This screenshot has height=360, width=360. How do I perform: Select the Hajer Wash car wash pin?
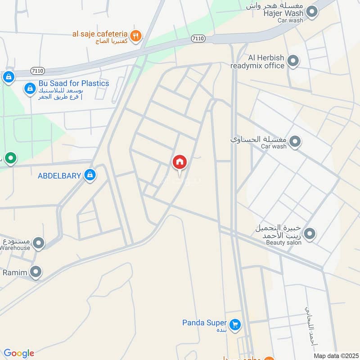pyautogui.click(x=311, y=12)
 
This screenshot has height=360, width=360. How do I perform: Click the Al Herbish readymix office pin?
pyautogui.click(x=293, y=60)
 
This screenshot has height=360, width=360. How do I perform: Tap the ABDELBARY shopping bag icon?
pyautogui.click(x=90, y=175)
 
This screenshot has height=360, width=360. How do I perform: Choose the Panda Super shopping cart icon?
pyautogui.click(x=234, y=324)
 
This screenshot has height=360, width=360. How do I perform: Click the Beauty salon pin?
pyautogui.click(x=310, y=234)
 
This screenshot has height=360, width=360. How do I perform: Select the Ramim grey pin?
pyautogui.click(x=36, y=272)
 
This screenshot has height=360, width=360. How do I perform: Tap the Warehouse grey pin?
pyautogui.click(x=39, y=243)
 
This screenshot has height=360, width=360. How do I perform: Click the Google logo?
pyautogui.click(x=19, y=353)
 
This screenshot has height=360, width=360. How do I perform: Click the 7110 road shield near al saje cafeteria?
pyautogui.click(x=198, y=39)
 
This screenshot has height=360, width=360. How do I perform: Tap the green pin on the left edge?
pyautogui.click(x=10, y=158)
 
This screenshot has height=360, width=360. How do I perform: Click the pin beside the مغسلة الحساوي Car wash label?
pyautogui.click(x=295, y=142)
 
